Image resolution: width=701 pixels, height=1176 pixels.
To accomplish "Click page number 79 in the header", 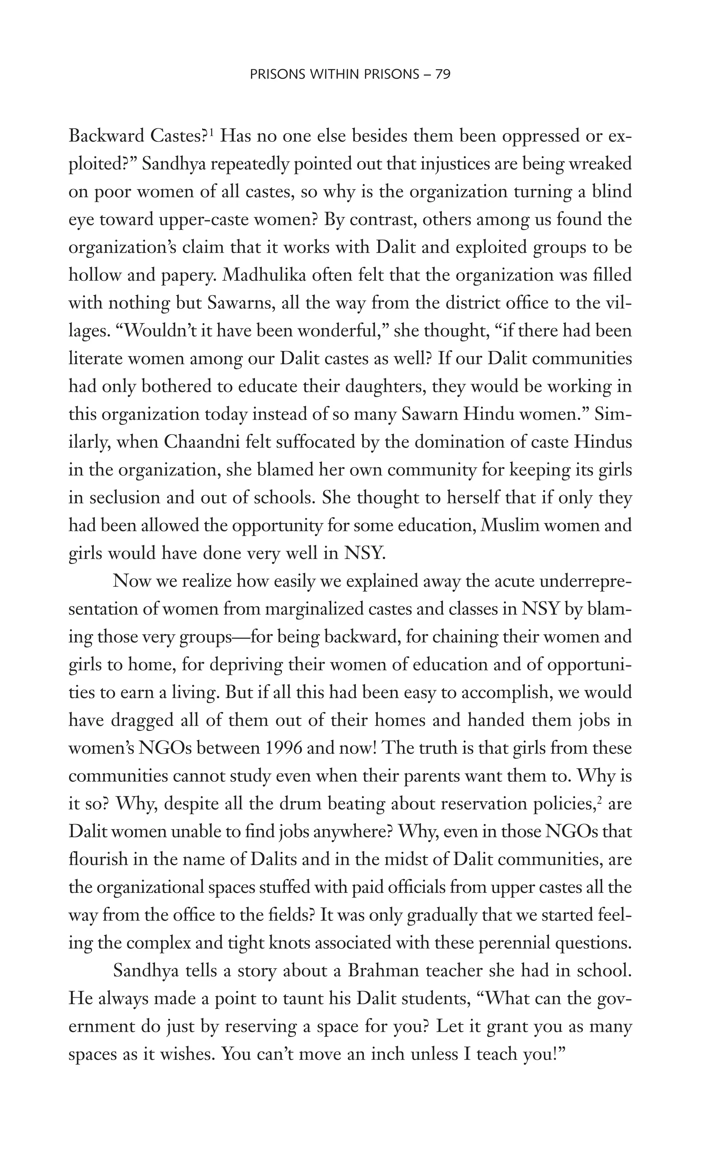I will click(443, 74).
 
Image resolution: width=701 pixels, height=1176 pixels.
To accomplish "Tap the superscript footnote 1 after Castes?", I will click(212, 132).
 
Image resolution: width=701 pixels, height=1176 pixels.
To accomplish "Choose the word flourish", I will click(97, 859).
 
